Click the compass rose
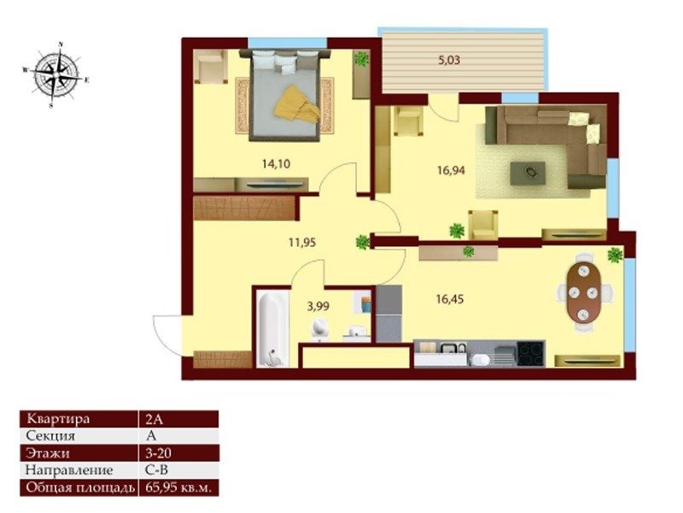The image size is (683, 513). (56, 74)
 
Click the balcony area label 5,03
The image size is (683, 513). (449, 60)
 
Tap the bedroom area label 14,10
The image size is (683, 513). (276, 164)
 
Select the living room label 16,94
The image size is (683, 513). (451, 170)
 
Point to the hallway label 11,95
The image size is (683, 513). (302, 242)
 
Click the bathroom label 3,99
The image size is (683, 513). (318, 306)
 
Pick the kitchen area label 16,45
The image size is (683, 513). (450, 299)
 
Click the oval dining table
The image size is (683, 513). (584, 292)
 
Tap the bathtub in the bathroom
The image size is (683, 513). (272, 329)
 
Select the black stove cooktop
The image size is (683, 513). (531, 353)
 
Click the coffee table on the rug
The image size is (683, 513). (528, 174)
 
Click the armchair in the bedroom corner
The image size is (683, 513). (211, 66)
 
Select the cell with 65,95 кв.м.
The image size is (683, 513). (178, 487)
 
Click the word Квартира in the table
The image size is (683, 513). (58, 419)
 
